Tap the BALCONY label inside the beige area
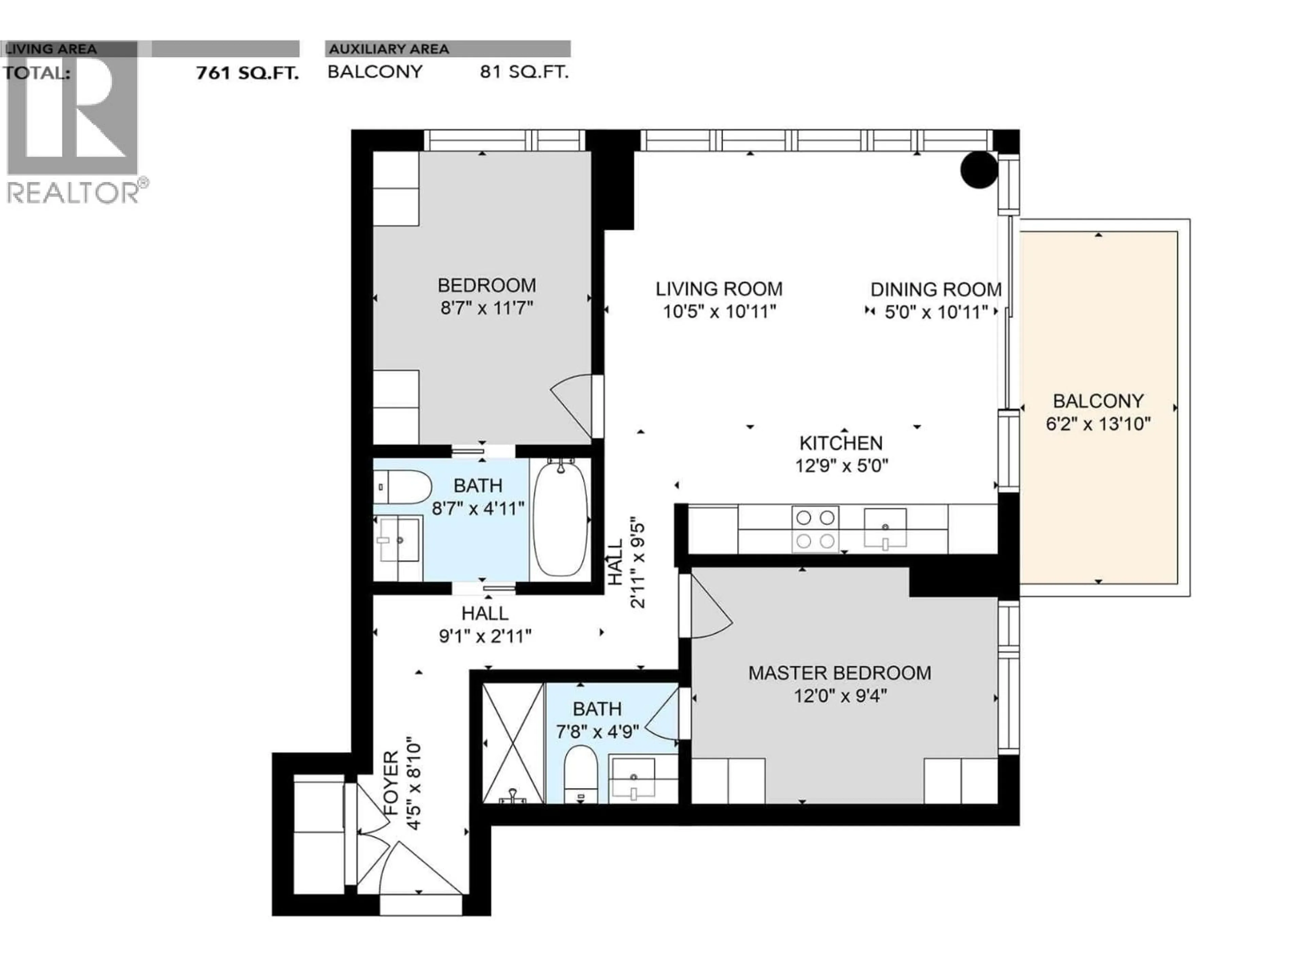tap(1098, 401)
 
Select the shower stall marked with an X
tap(513, 742)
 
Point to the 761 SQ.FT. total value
tap(247, 73)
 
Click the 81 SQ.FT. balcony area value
tap(524, 72)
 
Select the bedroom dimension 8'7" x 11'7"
tap(487, 308)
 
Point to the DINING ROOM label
tap(936, 289)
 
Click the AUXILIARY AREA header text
tap(389, 49)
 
